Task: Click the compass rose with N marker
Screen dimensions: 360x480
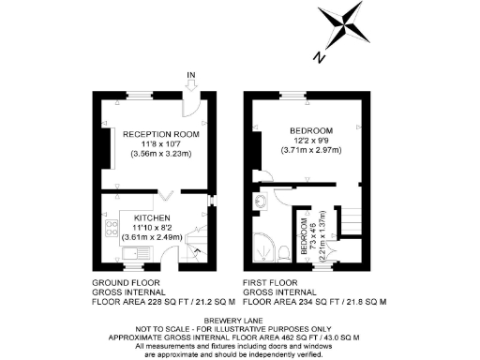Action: (x=343, y=27)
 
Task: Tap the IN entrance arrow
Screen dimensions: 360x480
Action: (x=190, y=84)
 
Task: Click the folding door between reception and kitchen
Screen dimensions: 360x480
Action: (x=166, y=193)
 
